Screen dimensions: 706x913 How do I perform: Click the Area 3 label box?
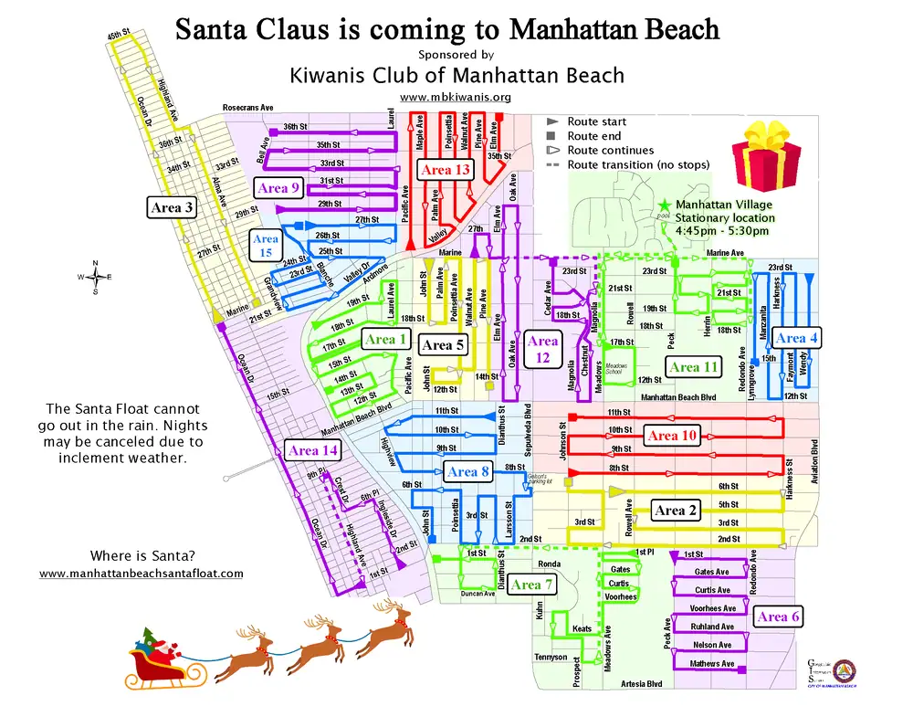(172, 208)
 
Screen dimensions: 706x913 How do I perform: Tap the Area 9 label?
(278, 188)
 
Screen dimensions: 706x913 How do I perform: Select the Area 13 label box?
(446, 170)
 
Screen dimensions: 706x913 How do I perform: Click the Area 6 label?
(779, 616)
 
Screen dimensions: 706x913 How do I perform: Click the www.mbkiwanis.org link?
(456, 97)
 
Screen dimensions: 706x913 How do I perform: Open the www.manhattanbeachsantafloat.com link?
(142, 574)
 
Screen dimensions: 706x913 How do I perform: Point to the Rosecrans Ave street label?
(247, 109)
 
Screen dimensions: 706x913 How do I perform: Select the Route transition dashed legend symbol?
(552, 165)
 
